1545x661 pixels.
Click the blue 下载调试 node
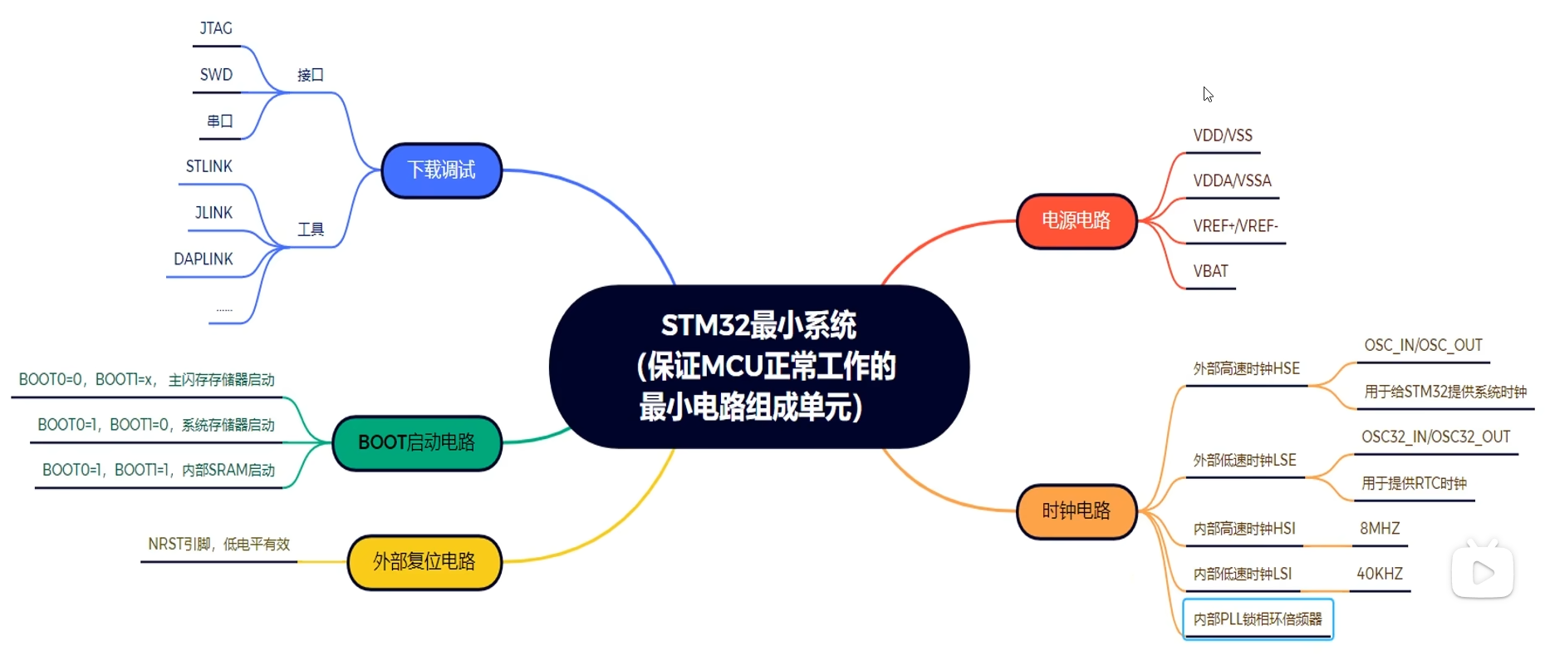coord(441,170)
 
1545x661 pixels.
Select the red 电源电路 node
coord(1076,220)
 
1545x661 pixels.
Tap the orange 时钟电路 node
coord(1076,511)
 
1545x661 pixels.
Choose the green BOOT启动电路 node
coord(416,442)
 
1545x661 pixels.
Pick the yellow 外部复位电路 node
coord(424,562)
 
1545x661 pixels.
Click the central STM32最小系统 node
coord(758,366)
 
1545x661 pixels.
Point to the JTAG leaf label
coord(216,29)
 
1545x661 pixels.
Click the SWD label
coord(216,75)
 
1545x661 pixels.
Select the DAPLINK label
coord(204,259)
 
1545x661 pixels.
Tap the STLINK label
coord(209,166)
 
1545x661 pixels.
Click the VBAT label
coord(1210,272)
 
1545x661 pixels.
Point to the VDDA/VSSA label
coord(1232,181)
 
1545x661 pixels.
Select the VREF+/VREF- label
coord(1235,226)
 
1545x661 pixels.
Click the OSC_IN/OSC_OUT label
coord(1423,346)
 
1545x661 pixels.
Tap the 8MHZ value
coord(1380,529)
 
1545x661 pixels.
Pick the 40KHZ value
coord(1380,574)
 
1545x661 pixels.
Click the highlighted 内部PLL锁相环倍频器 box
coord(1258,619)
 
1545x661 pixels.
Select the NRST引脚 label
coord(218,545)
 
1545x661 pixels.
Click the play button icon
coord(1483,572)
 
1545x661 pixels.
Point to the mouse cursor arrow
coord(1207,93)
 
